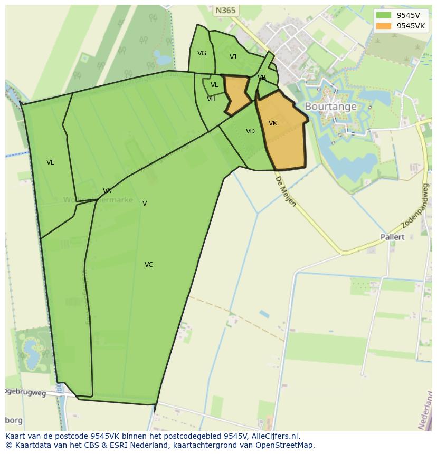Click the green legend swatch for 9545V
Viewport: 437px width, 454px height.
pyautogui.click(x=384, y=15)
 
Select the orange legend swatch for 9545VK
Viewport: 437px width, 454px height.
pyautogui.click(x=384, y=26)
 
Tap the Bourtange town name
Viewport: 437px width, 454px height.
pyautogui.click(x=330, y=107)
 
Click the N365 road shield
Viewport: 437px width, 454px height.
pyautogui.click(x=226, y=11)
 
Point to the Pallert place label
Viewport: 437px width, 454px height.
pyautogui.click(x=392, y=237)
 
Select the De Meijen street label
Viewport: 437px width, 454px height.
pyautogui.click(x=285, y=191)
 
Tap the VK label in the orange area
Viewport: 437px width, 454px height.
pyautogui.click(x=273, y=123)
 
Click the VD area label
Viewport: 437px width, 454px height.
pyautogui.click(x=250, y=131)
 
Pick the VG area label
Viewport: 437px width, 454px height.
pyautogui.click(x=202, y=53)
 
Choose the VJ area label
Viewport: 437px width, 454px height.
pyautogui.click(x=233, y=57)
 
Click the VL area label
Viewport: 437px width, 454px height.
pyautogui.click(x=214, y=85)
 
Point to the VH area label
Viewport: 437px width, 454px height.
pyautogui.click(x=211, y=99)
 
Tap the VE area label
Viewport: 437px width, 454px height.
pyautogui.click(x=51, y=162)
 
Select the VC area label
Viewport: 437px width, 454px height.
pyautogui.click(x=149, y=265)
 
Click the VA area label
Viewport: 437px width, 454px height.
pyautogui.click(x=107, y=191)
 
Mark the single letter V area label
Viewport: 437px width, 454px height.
pyautogui.click(x=145, y=204)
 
